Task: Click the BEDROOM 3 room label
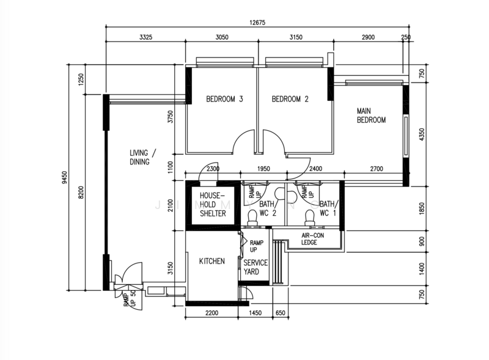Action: [x=224, y=99]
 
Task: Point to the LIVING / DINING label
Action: [x=142, y=157]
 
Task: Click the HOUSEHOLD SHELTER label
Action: [x=212, y=205]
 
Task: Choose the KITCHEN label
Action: [x=212, y=262]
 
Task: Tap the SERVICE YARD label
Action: [x=256, y=267]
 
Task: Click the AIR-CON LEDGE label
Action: [x=313, y=238]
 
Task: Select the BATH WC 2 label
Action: [x=268, y=208]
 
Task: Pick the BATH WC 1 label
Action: [x=328, y=208]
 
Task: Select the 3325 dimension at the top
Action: [x=146, y=37]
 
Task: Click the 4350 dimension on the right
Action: [x=421, y=133]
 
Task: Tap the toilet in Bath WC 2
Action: [x=251, y=215]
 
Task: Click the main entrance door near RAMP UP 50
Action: [x=129, y=274]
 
